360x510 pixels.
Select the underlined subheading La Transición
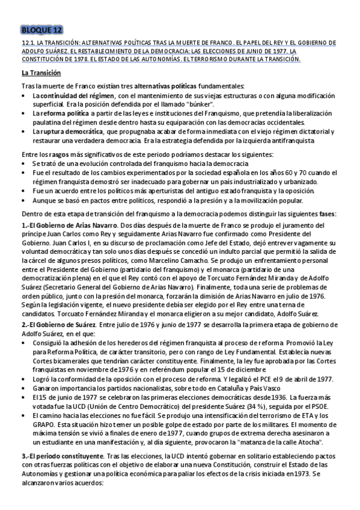41,73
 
